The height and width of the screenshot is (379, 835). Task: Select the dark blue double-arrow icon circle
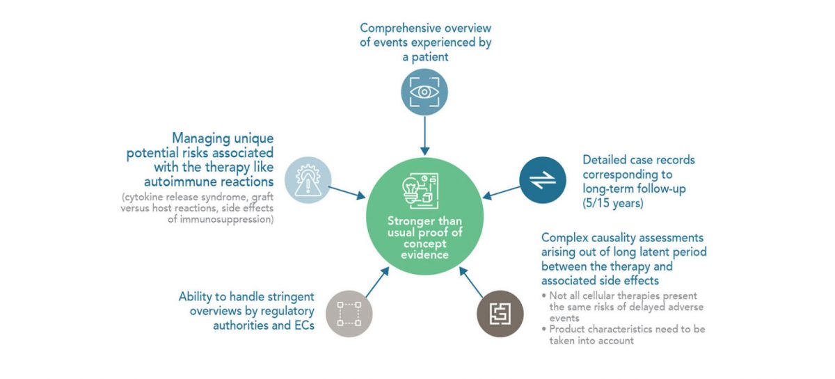(542, 180)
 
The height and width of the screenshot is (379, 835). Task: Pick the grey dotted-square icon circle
(349, 314)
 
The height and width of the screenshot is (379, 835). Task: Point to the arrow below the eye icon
(424, 136)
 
